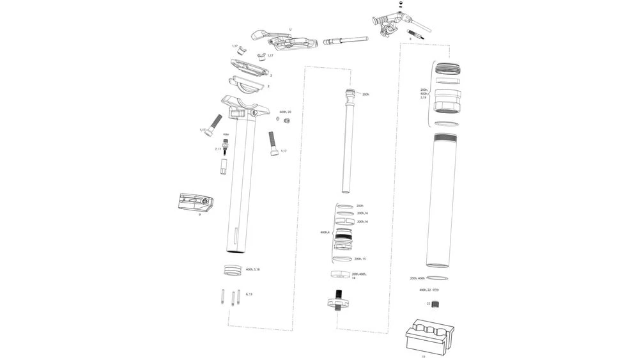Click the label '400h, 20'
tap(285, 112)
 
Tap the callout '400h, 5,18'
tap(252, 269)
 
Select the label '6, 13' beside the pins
tap(249, 294)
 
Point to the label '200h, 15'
tap(360, 259)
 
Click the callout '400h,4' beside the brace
tap(325, 232)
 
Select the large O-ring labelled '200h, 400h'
tap(438, 278)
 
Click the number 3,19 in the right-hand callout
tap(423, 97)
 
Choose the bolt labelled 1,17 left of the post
tap(215, 122)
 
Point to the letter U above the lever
tap(290, 29)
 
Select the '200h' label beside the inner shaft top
tap(366, 95)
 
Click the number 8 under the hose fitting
tap(410, 39)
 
